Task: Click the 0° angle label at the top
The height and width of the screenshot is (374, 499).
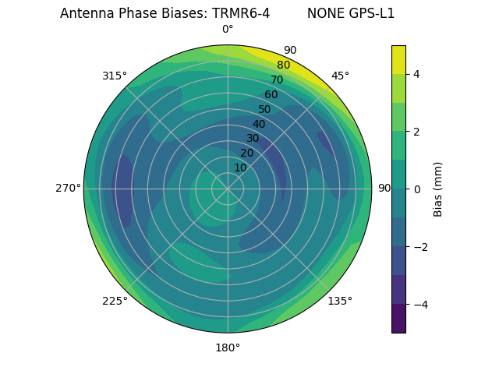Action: (x=228, y=30)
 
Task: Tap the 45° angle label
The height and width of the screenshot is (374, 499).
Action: (x=340, y=76)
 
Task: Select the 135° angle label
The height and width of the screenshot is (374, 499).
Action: (x=340, y=301)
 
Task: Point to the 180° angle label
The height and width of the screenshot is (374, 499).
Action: (x=228, y=348)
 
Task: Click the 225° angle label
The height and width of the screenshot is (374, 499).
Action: (x=115, y=301)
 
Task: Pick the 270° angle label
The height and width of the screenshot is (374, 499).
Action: (x=68, y=188)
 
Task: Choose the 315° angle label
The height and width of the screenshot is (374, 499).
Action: (x=115, y=76)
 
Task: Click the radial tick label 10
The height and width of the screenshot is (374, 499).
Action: (x=240, y=168)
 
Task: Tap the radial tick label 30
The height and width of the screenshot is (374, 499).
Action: (x=253, y=139)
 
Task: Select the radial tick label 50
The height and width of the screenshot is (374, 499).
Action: (x=264, y=109)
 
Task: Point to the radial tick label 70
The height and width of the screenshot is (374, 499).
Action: (x=277, y=79)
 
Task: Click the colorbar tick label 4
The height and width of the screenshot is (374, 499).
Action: (x=416, y=74)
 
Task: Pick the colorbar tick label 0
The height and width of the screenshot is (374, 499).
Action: (x=416, y=189)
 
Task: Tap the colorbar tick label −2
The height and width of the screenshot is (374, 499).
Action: (x=419, y=247)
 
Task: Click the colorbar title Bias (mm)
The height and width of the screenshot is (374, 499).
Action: (x=438, y=189)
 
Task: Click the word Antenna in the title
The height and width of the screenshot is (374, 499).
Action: (x=85, y=13)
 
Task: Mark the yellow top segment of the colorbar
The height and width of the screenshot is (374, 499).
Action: (x=398, y=59)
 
